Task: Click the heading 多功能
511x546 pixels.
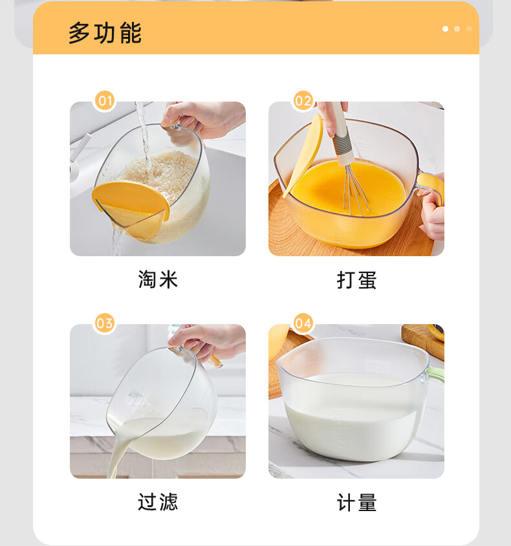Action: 105,33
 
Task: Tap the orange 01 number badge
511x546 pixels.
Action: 105,101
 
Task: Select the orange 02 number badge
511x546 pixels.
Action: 303,101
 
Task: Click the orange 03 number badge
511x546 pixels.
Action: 105,323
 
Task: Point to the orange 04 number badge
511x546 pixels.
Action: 303,323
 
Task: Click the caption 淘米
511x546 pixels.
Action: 158,279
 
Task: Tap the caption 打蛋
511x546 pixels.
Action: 357,280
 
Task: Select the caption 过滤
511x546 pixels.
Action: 158,502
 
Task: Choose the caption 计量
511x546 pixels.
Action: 357,503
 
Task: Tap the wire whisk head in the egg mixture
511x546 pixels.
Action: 355,190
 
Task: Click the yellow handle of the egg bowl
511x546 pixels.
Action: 431,186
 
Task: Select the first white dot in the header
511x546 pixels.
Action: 445,29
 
